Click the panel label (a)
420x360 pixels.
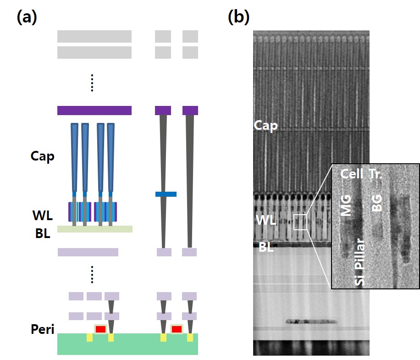[x=27, y=17]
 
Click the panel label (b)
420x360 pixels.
[x=238, y=17]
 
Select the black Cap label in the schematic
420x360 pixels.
[x=42, y=156]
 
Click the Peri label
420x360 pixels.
[x=43, y=329]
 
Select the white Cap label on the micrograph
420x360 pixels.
[x=266, y=126]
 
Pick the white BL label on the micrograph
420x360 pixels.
[x=266, y=248]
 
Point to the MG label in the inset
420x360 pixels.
[x=347, y=205]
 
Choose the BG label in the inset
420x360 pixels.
[x=377, y=202]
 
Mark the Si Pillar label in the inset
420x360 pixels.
[x=360, y=262]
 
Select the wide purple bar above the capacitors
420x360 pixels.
[x=94, y=111]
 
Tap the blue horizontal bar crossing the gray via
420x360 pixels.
[x=166, y=194]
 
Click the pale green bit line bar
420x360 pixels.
[x=95, y=229]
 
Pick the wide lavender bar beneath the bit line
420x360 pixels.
[x=88, y=252]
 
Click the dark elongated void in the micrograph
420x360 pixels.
[x=309, y=321]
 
